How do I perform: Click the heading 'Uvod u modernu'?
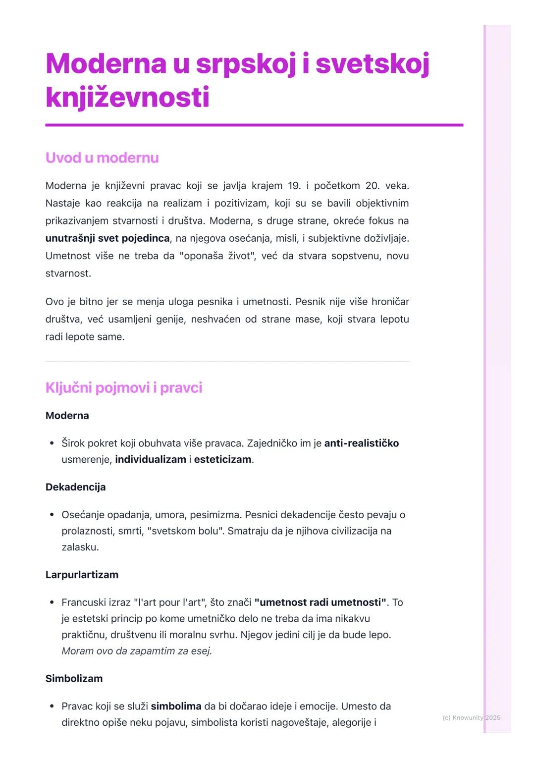[102, 158]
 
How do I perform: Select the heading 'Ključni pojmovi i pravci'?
[123, 387]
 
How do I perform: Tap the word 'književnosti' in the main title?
[127, 97]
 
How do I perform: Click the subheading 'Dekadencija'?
[75, 487]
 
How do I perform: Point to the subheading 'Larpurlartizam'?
[82, 575]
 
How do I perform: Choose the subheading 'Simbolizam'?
[74, 678]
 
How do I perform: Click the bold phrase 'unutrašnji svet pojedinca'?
[107, 238]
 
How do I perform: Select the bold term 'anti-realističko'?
[361, 443]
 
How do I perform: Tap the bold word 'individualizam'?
[151, 459]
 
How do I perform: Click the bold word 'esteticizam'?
[222, 459]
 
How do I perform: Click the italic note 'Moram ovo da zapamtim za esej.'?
[137, 651]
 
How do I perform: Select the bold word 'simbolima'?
[176, 706]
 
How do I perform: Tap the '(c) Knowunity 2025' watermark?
[471, 717]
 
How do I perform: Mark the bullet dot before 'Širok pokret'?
[52, 443]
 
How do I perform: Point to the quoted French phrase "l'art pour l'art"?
[170, 602]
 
